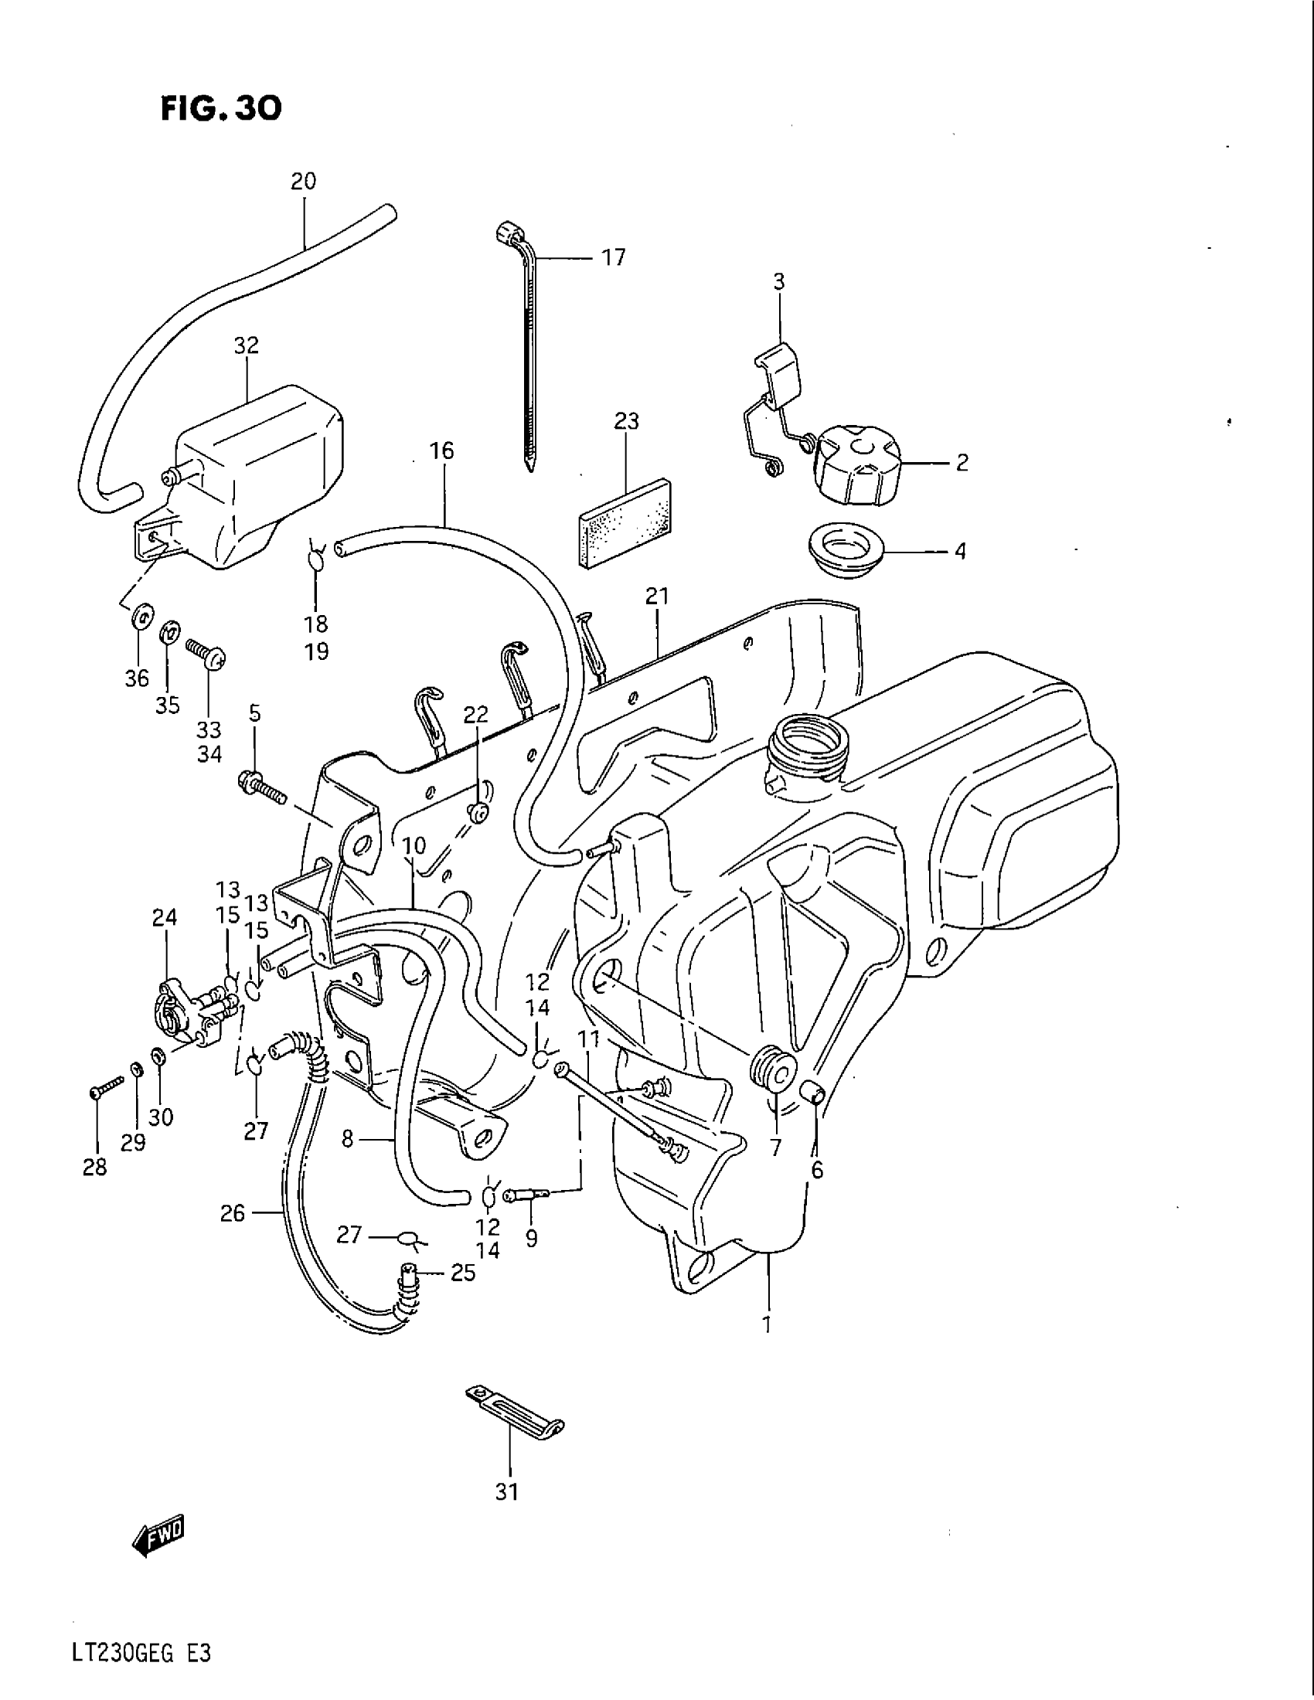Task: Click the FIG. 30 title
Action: pyautogui.click(x=221, y=109)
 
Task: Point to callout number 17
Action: pyautogui.click(x=614, y=257)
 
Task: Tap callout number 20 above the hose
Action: pyautogui.click(x=303, y=182)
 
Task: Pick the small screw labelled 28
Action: pyautogui.click(x=107, y=1087)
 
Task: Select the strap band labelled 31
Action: pyautogui.click(x=515, y=1407)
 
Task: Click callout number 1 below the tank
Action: pyautogui.click(x=768, y=1324)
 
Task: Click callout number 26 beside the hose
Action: pyautogui.click(x=233, y=1213)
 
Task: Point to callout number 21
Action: pyautogui.click(x=657, y=597)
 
